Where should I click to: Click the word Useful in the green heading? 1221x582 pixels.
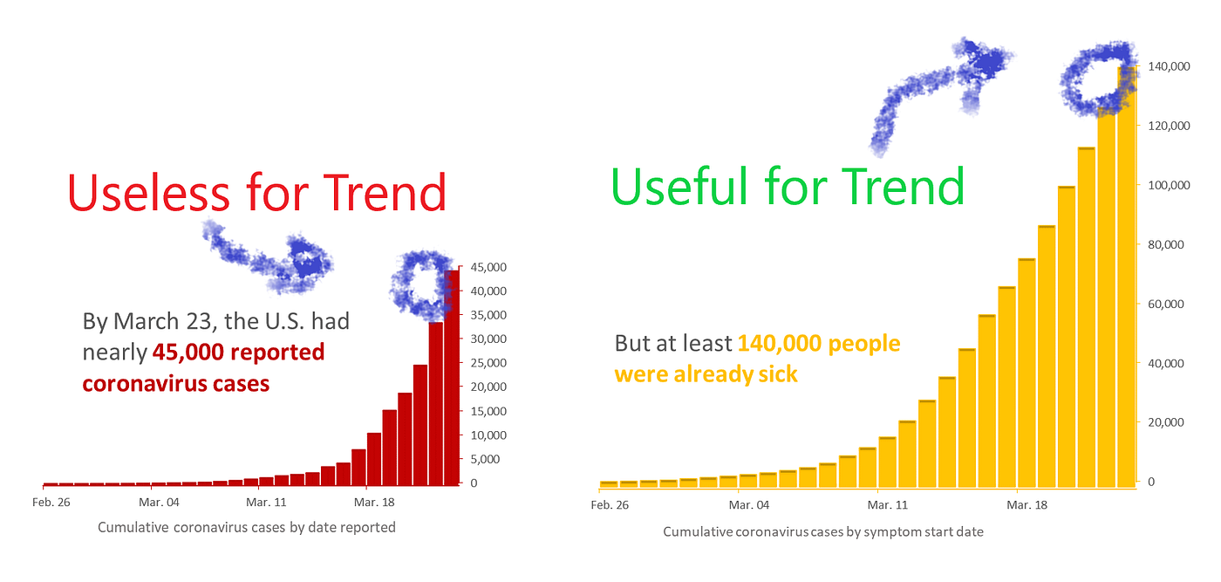tap(679, 186)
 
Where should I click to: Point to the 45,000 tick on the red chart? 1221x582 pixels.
tap(488, 267)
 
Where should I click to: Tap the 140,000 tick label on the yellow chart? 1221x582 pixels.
tap(1169, 66)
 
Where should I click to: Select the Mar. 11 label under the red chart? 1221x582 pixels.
tap(266, 502)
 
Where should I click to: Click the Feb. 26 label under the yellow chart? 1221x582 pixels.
tap(610, 505)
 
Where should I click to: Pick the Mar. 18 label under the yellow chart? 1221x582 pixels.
tap(1027, 505)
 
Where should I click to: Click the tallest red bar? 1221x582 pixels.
tap(452, 378)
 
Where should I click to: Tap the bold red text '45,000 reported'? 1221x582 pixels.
tap(239, 352)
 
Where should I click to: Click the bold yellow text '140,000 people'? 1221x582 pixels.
tap(819, 343)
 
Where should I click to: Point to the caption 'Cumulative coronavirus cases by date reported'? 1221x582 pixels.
tap(246, 527)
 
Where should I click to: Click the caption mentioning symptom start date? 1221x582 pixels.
tap(823, 531)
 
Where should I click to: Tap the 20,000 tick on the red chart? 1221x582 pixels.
tap(488, 387)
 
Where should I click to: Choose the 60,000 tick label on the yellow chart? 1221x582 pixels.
tap(1166, 304)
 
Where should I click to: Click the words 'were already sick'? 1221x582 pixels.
tap(706, 374)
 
